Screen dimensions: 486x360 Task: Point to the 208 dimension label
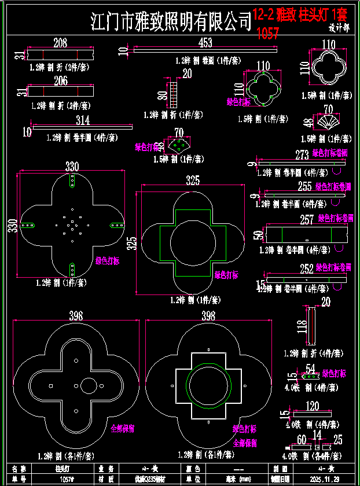point(60,43)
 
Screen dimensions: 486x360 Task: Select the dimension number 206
point(60,81)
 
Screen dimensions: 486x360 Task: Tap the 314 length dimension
point(83,120)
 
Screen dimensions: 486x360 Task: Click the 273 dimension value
point(302,155)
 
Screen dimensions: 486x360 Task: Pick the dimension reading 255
point(304,187)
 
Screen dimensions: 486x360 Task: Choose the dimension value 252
point(306,268)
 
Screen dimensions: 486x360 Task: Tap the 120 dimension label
point(312,406)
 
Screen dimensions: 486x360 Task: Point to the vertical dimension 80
point(162,94)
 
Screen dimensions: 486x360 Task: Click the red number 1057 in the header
point(267,34)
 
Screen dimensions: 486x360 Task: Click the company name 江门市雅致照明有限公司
point(171,22)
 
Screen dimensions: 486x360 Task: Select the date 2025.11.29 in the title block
point(320,479)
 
